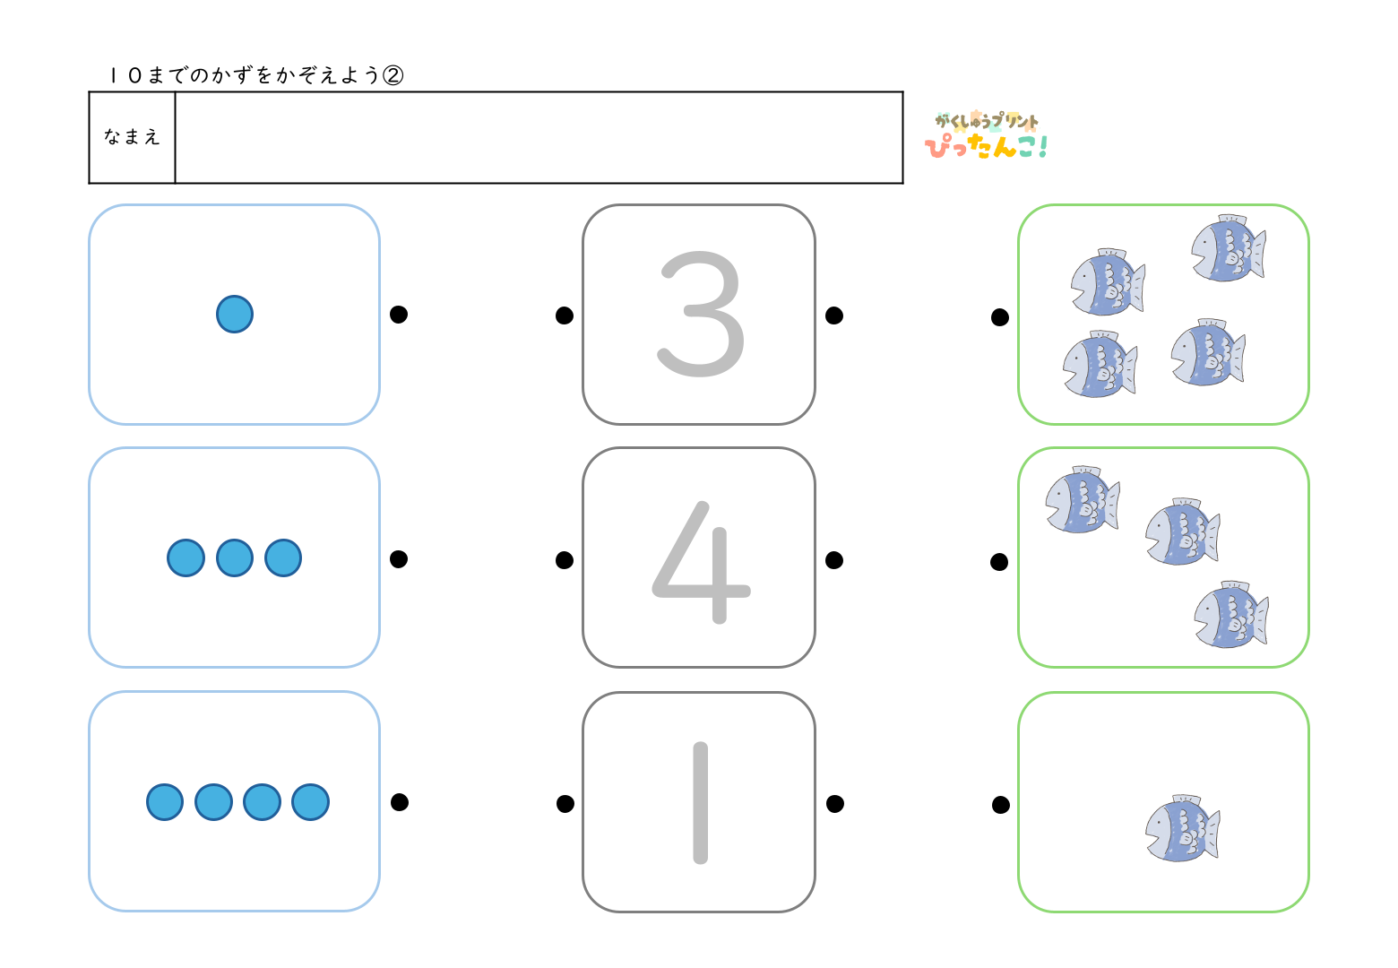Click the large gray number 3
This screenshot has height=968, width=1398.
[x=701, y=314]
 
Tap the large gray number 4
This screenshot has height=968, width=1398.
[x=700, y=561]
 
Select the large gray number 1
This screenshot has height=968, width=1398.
[x=701, y=802]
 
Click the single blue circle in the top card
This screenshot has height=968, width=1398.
[x=235, y=315]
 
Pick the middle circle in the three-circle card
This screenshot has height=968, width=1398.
[x=235, y=557]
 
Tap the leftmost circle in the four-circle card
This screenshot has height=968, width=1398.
[x=165, y=802]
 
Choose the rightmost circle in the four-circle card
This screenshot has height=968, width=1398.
[x=311, y=802]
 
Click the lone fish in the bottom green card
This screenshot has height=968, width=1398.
[x=1182, y=829]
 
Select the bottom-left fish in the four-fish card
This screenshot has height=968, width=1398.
[x=1100, y=365]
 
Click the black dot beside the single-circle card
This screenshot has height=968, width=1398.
[x=399, y=314]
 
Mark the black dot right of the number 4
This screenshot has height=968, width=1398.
[x=834, y=560]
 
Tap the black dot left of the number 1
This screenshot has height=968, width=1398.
[x=565, y=804]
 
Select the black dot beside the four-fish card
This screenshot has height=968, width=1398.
[x=1000, y=317]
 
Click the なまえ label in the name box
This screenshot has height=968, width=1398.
[x=132, y=137]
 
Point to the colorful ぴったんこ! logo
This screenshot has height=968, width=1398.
[x=986, y=137]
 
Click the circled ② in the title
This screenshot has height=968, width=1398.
[x=393, y=75]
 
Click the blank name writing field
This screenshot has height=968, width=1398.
[x=538, y=137]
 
